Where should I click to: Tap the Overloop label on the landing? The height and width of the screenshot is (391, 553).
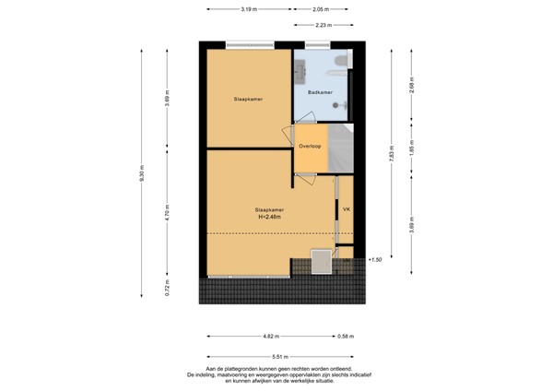(x=309, y=147)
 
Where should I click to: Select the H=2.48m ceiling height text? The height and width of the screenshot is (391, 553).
(x=269, y=218)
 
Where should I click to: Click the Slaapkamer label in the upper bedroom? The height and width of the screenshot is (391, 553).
(x=249, y=97)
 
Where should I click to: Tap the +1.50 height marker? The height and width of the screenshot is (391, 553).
(x=373, y=260)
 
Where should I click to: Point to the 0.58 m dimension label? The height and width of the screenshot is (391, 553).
(x=345, y=337)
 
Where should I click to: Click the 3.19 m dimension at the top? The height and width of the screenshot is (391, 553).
(x=248, y=9)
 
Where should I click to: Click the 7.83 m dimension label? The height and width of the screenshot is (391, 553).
(x=392, y=154)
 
